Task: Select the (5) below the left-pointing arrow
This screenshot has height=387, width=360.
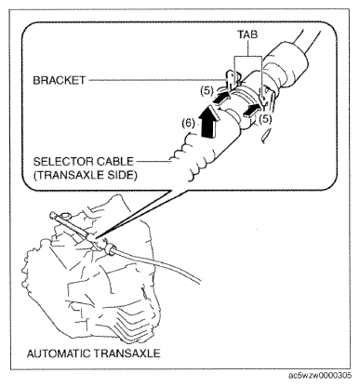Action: (x=267, y=118)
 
